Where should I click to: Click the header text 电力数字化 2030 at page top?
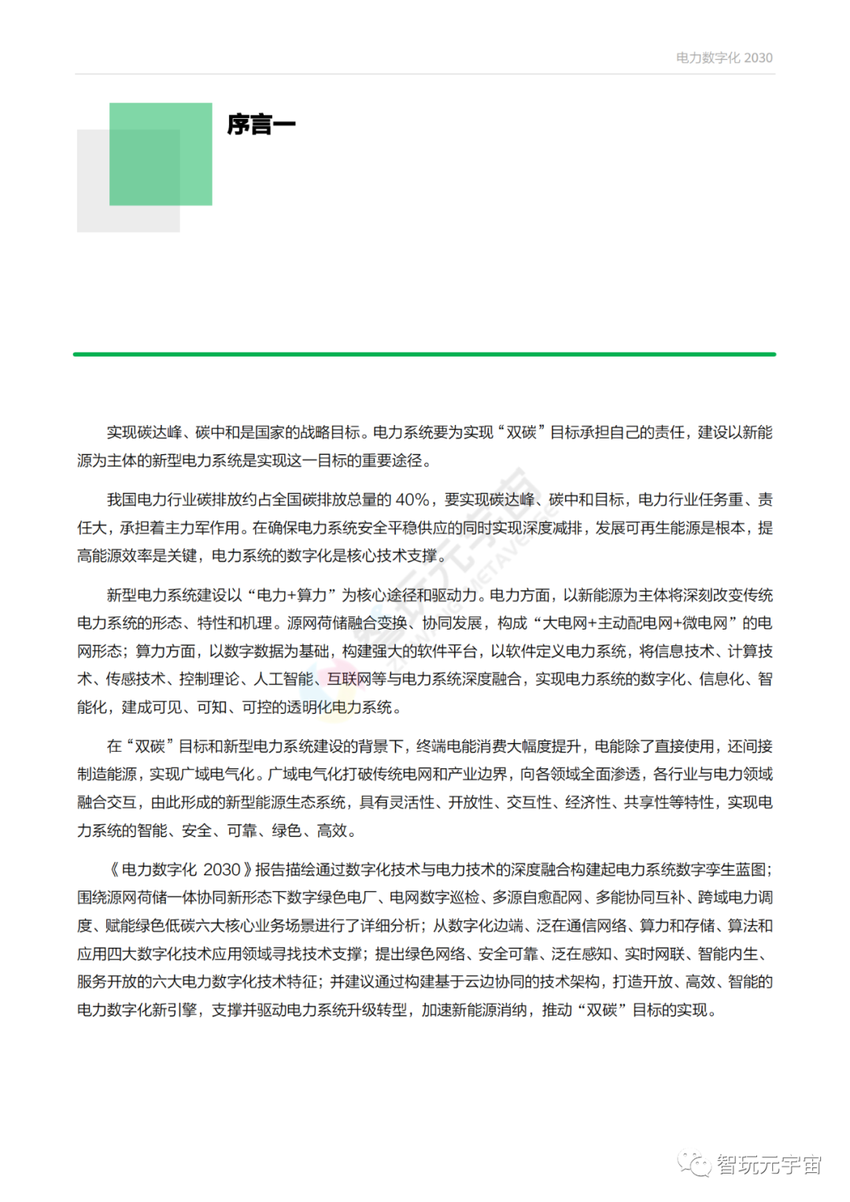click(x=724, y=57)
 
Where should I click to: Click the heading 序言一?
click(x=261, y=124)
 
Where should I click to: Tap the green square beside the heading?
click(x=161, y=154)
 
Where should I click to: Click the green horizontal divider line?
click(x=425, y=354)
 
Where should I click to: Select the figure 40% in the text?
click(x=412, y=500)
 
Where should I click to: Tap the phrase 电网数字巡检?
click(x=434, y=898)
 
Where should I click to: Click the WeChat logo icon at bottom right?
click(x=695, y=1164)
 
